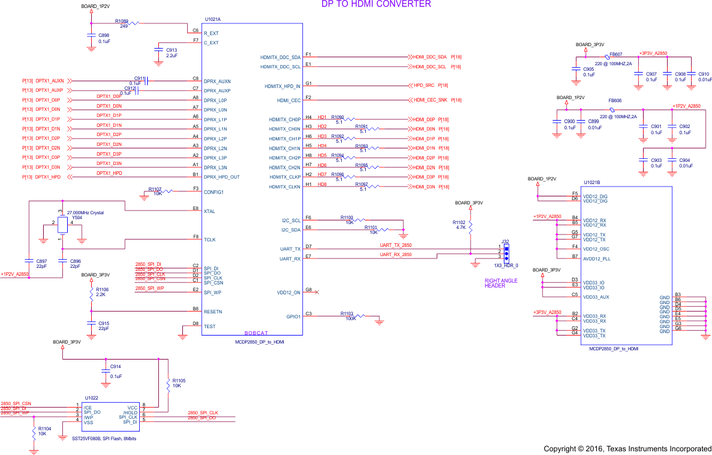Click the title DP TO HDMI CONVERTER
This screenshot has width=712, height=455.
[x=376, y=4]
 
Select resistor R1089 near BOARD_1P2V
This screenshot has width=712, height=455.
[x=131, y=23]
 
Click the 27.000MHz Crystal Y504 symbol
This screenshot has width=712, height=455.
[x=62, y=225]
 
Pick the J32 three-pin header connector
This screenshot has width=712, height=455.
[x=506, y=252]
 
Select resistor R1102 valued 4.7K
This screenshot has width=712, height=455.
[x=470, y=226]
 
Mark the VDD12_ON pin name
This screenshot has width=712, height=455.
[x=289, y=292]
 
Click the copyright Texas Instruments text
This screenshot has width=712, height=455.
[x=627, y=448]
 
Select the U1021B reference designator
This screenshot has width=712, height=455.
[x=592, y=183]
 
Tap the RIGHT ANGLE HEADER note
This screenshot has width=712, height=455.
[x=501, y=283]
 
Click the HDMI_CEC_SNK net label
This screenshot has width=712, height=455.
[x=430, y=100]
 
